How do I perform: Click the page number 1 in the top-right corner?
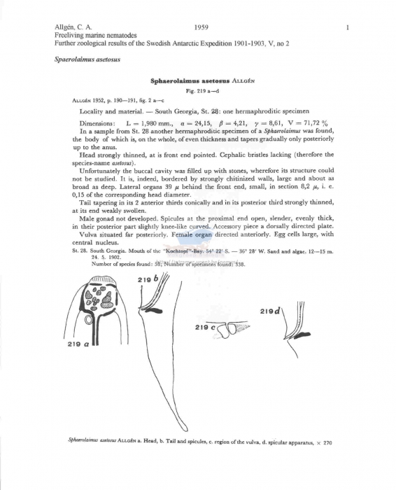click(x=348, y=27)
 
